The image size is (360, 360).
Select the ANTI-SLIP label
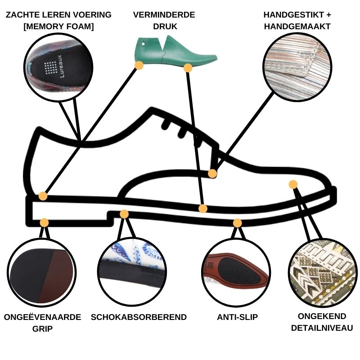[x=237, y=317]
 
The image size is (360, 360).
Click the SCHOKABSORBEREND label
[x=139, y=317]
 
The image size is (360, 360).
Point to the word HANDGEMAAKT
[x=297, y=27]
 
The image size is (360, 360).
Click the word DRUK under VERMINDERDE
[x=164, y=27]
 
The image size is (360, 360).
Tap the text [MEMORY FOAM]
[x=58, y=27]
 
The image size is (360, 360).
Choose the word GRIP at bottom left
[x=42, y=328]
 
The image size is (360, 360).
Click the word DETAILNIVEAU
[x=322, y=328]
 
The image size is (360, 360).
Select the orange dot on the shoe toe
[x=293, y=184]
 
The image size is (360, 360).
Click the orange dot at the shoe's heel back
[x=43, y=196]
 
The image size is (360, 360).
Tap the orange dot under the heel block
[x=44, y=222]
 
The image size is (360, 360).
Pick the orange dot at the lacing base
[x=212, y=173]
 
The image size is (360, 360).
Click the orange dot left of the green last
[x=139, y=65]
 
